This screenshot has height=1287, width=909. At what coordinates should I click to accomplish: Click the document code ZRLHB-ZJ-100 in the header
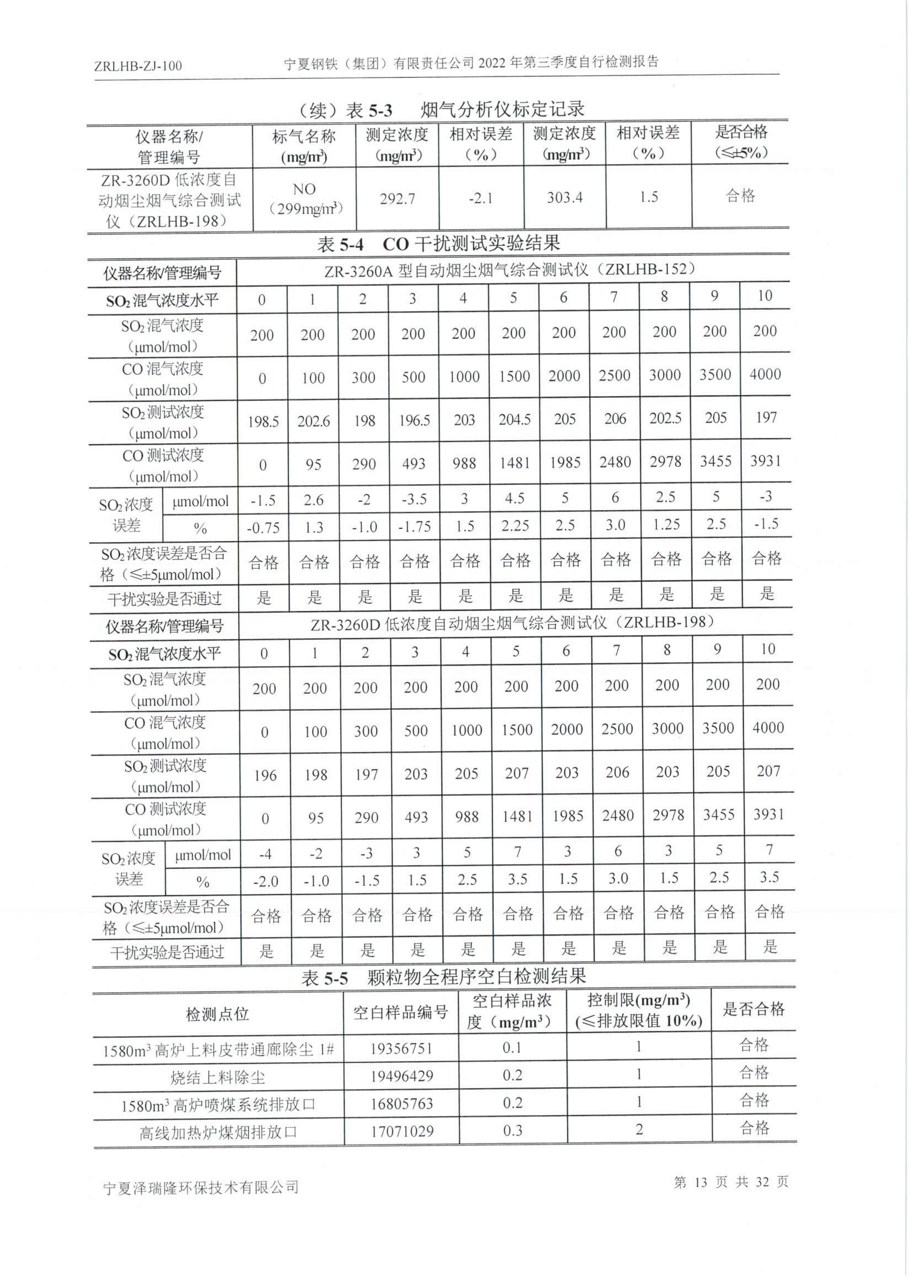click(138, 66)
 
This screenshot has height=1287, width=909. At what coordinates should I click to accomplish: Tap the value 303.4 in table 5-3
click(564, 197)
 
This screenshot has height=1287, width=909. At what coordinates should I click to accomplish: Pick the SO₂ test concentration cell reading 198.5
click(263, 421)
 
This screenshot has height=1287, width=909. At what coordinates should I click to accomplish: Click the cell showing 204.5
click(514, 419)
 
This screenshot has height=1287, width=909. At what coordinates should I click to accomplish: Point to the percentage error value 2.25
click(514, 526)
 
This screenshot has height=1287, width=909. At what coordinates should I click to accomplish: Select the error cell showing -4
click(265, 854)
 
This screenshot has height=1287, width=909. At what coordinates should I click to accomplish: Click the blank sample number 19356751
click(401, 1049)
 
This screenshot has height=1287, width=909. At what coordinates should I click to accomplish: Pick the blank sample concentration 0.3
click(512, 1131)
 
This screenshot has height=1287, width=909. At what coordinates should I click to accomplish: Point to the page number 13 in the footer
click(700, 1182)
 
